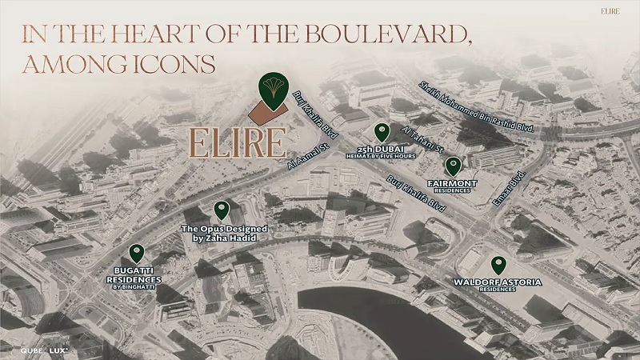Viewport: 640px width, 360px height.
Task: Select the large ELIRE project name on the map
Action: point(237,142)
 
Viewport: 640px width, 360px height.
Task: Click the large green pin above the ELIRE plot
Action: point(272,89)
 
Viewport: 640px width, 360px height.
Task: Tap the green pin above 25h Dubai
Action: point(382,132)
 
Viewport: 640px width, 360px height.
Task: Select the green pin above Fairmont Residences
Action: point(453,166)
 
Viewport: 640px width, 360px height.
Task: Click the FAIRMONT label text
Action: point(453,183)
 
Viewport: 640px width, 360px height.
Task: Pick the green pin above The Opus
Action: point(222,210)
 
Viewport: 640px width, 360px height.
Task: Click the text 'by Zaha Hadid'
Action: point(223,238)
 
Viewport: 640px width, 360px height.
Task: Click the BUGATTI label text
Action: point(134,271)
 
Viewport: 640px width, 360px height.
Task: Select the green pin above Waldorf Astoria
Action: point(498,265)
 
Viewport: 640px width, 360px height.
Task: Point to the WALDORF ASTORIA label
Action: point(498,282)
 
